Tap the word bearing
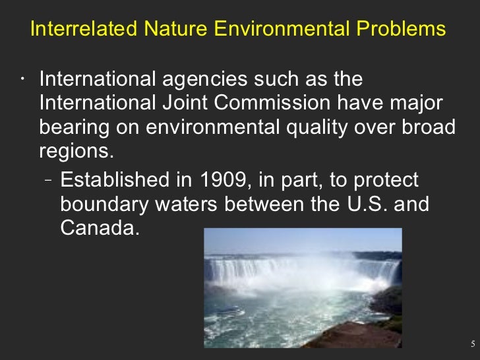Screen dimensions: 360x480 point(74,127)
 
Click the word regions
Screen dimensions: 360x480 point(72,151)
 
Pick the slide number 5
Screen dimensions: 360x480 point(473,344)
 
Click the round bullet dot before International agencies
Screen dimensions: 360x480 point(22,80)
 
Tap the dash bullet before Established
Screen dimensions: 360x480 point(49,181)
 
